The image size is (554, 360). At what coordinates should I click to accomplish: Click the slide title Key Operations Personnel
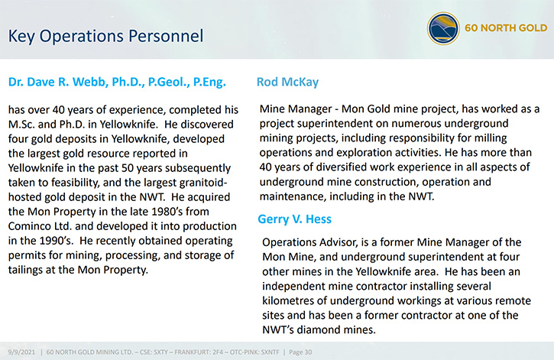[x=105, y=37]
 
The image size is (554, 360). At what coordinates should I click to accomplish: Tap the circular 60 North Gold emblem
[x=443, y=28]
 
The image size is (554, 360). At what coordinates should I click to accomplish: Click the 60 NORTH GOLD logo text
[x=506, y=28]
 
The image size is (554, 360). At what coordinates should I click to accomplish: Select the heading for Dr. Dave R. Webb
[x=117, y=83]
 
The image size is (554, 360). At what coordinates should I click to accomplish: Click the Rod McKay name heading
[x=287, y=82]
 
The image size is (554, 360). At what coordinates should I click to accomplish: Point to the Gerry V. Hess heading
[x=294, y=219]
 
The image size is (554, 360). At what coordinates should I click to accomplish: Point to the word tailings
[x=23, y=270]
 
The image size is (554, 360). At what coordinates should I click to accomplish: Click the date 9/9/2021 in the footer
[x=22, y=352]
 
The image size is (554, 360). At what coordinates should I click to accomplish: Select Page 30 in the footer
[x=300, y=352]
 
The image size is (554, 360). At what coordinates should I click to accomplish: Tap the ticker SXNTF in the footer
[x=270, y=352]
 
